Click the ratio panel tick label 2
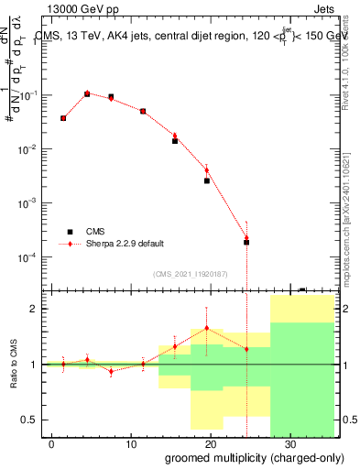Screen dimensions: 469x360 pos(34,309)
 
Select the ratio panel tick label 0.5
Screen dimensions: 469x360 pos(30,420)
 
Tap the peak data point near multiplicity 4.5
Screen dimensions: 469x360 pos(87,93)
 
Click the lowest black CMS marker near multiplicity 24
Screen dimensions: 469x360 pos(246,243)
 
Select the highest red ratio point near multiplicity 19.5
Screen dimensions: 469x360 pos(207,328)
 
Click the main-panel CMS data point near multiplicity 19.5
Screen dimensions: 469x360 pos(207,180)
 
